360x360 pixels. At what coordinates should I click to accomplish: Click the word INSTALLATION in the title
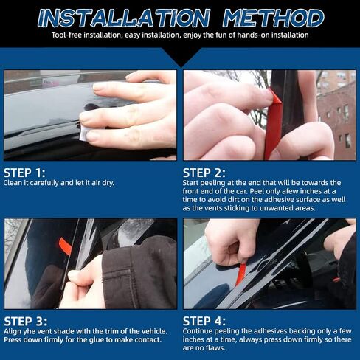pyautogui.click(x=124, y=18)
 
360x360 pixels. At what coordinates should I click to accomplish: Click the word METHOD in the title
pyautogui.click(x=274, y=18)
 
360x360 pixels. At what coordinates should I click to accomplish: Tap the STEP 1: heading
pyautogui.click(x=24, y=173)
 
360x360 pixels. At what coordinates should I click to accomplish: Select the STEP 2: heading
pyautogui.click(x=204, y=173)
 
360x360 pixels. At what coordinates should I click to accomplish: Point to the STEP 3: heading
pyautogui.click(x=26, y=322)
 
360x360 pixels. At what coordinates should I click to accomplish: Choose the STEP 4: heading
pyautogui.click(x=204, y=322)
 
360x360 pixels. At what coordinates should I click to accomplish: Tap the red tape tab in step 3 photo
pyautogui.click(x=65, y=246)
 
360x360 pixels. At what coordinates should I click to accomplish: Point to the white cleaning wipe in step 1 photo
pyautogui.click(x=83, y=133)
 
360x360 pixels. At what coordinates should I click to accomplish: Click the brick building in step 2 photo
pyautogui.click(x=336, y=116)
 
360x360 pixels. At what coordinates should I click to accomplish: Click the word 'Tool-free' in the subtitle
pyautogui.click(x=66, y=35)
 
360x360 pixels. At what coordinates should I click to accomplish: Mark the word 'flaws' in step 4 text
pyautogui.click(x=215, y=348)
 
